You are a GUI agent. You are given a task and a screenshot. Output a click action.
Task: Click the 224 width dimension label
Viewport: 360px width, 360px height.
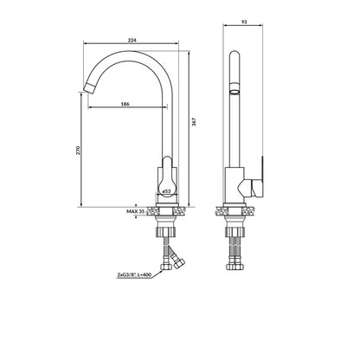point(132,41)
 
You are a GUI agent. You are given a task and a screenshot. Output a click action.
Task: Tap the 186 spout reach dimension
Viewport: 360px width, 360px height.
point(125,104)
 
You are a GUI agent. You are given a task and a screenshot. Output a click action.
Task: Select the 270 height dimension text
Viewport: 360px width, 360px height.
point(78,151)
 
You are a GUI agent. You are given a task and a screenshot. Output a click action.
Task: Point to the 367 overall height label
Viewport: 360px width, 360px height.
point(194,121)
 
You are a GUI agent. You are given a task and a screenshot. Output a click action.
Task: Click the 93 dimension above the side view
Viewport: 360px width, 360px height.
point(244,22)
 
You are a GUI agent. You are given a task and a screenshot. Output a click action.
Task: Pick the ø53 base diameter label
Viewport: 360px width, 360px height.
point(166,191)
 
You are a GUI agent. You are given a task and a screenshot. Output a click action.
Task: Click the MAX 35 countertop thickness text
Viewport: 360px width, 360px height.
point(135,211)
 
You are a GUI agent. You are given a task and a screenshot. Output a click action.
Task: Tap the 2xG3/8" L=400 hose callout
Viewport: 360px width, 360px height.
point(134,275)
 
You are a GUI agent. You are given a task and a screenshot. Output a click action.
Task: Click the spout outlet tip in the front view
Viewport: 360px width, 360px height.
point(89,87)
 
